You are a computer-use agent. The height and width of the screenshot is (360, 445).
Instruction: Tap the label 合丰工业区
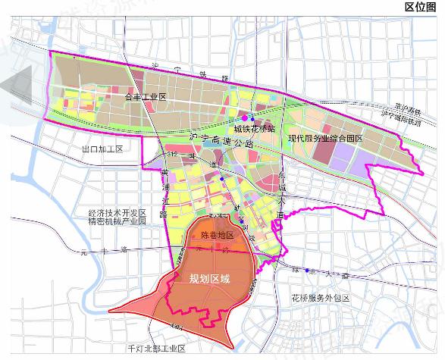tap(145, 98)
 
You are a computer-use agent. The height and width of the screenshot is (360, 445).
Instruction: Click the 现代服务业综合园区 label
tap(326, 139)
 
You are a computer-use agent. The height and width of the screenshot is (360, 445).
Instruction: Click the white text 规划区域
tap(208, 278)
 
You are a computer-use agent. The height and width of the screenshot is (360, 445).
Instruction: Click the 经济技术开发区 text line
tap(117, 213)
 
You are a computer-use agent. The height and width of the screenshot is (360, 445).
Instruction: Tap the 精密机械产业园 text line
tap(117, 223)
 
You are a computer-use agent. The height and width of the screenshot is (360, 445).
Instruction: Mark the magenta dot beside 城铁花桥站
tap(244, 118)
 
